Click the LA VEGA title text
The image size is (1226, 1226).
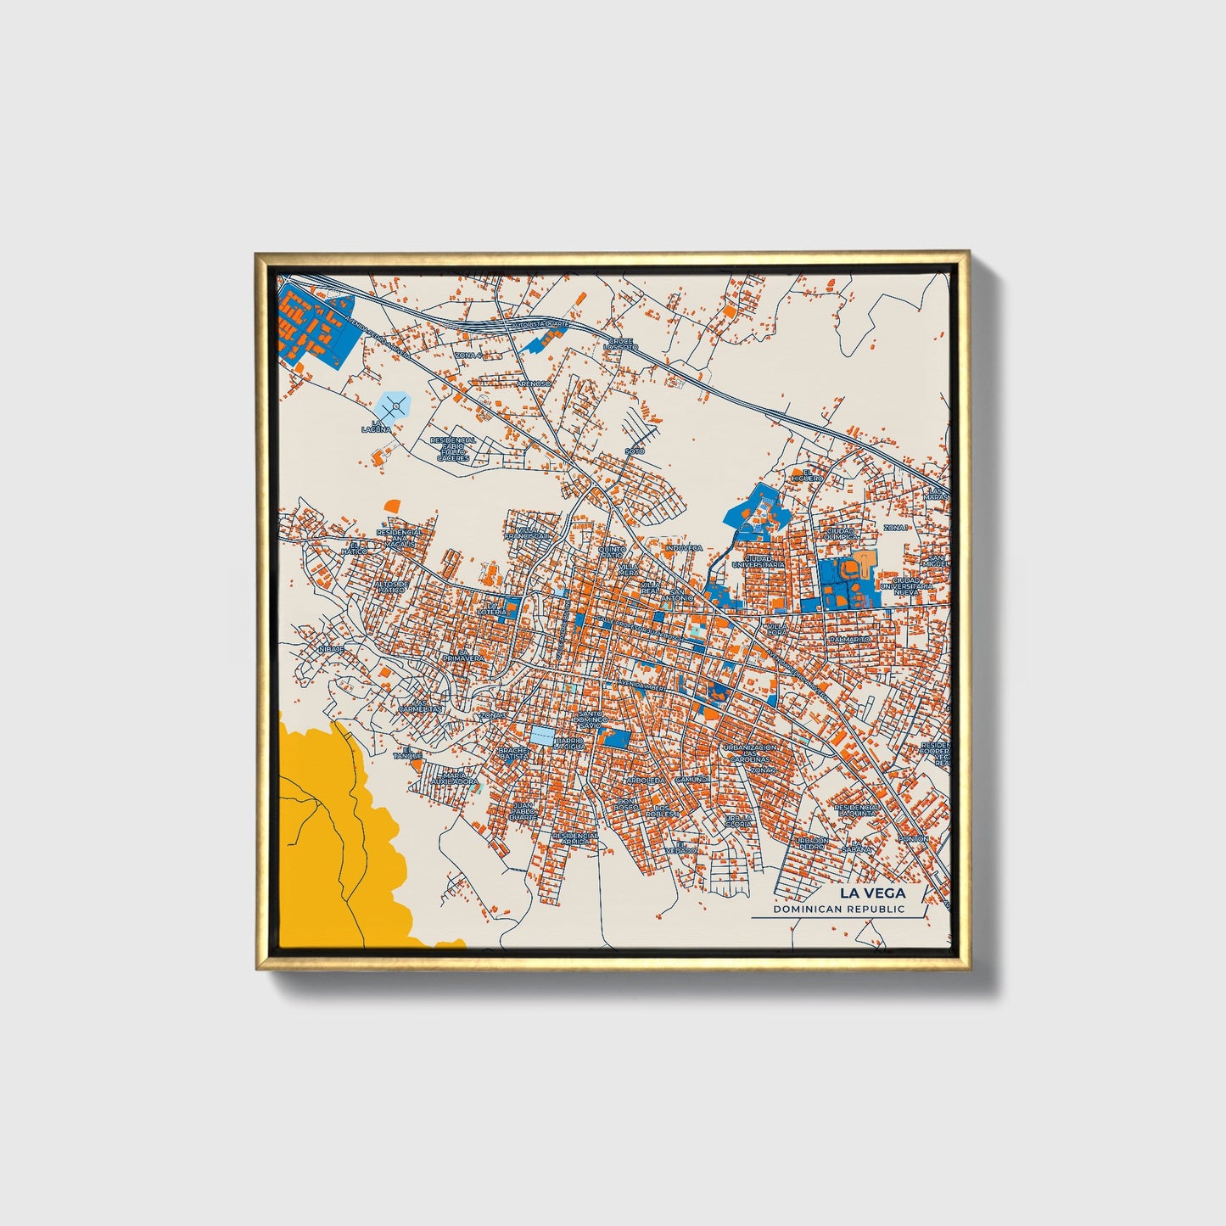coord(872,893)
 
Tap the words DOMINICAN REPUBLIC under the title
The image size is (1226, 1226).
coord(838,909)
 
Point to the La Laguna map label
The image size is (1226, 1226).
coord(377,427)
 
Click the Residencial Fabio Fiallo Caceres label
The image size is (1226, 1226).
coord(453,449)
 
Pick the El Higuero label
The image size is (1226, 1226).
coord(807,475)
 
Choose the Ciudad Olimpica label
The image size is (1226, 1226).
coord(843,534)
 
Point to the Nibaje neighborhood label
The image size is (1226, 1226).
coord(331,649)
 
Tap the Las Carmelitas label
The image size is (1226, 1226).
coord(421,705)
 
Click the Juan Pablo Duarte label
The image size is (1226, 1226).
coord(523,810)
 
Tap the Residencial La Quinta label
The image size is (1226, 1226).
coord(858,809)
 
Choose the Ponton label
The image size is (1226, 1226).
coord(914,838)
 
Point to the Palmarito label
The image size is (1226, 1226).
coord(850,638)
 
